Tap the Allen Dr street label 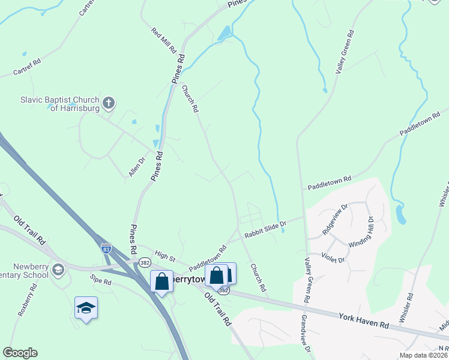coord(137,167)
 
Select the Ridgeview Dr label coord(335,220)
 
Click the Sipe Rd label coord(100,280)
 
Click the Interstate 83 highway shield coord(106,247)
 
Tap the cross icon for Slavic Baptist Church coord(109,103)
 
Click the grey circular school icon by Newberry coord(58,268)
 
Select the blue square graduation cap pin coord(86,308)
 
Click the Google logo coord(20,353)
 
